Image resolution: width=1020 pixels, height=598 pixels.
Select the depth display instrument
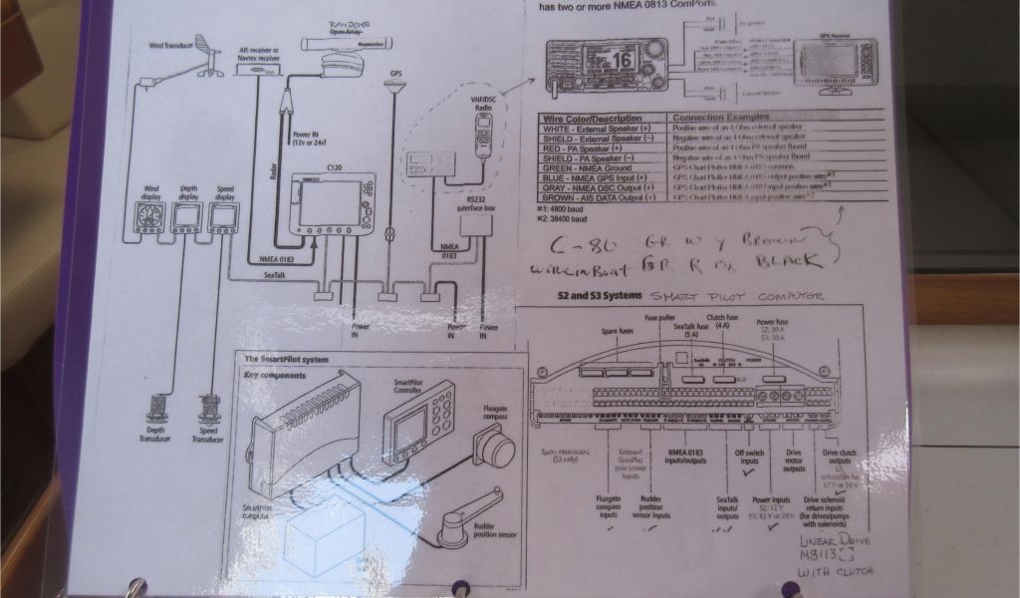coord(186,218)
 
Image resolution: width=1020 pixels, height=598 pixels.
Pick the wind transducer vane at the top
coord(205,45)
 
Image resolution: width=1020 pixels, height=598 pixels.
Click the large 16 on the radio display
coord(622,59)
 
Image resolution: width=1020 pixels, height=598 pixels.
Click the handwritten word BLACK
coord(786,261)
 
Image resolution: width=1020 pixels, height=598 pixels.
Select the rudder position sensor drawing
coord(457,516)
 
